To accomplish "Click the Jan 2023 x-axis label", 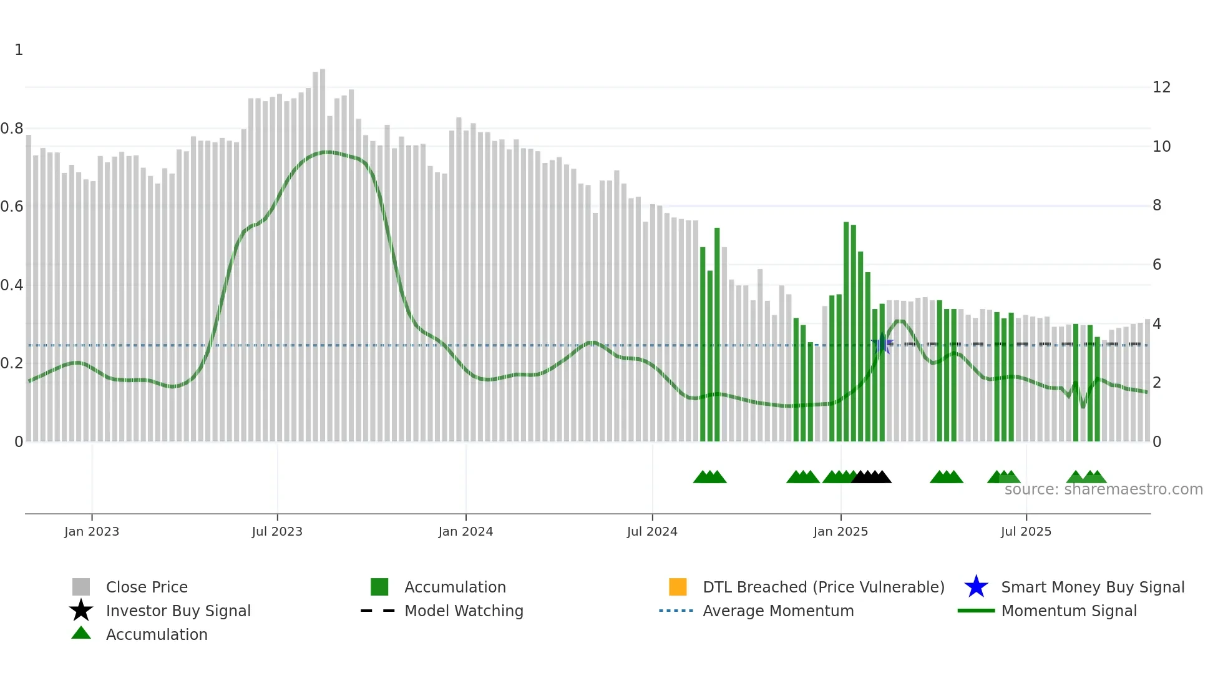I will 91,531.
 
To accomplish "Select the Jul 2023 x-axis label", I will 277,531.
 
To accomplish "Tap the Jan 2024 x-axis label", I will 465,531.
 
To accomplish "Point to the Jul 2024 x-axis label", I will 652,531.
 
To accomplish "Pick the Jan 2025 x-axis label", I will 841,531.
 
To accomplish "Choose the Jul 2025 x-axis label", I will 1026,531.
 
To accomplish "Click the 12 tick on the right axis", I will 1161,87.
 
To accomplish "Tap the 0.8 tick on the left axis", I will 12,129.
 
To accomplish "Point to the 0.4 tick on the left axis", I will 12,285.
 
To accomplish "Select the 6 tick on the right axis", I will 1157,265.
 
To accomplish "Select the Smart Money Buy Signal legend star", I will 976,587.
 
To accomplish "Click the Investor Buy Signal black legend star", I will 81,611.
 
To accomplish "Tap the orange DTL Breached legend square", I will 678,587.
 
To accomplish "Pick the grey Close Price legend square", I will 81,587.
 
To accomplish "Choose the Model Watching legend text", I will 464,611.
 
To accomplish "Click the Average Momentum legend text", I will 778,611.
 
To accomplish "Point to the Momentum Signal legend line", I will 976,611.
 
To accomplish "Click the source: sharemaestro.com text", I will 1103,489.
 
